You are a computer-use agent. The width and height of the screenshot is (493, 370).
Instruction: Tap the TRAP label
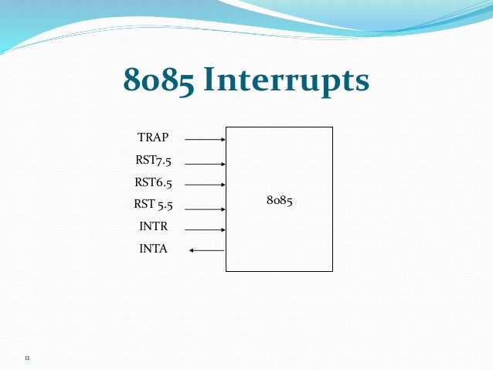click(153, 137)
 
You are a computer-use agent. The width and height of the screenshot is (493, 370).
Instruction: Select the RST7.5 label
click(153, 161)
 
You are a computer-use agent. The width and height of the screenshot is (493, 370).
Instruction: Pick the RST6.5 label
click(153, 183)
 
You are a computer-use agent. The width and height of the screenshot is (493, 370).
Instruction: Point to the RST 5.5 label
click(153, 205)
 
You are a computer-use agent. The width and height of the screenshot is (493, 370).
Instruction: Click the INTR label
click(153, 227)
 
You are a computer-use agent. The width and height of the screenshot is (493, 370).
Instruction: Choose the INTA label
click(153, 249)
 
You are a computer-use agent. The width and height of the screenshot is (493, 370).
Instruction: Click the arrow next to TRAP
click(205, 140)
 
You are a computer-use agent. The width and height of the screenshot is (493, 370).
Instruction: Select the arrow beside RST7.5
click(205, 164)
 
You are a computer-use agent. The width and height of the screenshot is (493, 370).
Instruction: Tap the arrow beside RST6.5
click(205, 185)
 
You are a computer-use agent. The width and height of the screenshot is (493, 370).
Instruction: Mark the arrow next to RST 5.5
click(205, 208)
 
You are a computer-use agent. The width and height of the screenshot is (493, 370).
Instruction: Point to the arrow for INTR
click(205, 229)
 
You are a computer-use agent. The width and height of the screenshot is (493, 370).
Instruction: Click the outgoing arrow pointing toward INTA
click(206, 250)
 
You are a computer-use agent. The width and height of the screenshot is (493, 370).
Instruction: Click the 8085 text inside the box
click(279, 200)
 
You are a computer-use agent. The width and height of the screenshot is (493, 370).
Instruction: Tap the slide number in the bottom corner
click(27, 358)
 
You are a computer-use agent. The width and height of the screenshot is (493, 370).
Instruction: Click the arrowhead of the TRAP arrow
click(223, 140)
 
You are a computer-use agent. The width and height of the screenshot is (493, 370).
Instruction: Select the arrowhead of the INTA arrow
click(192, 250)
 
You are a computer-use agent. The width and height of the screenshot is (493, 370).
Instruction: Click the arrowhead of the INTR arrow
click(223, 229)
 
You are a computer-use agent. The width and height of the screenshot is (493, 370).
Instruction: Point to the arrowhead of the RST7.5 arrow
click(223, 164)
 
